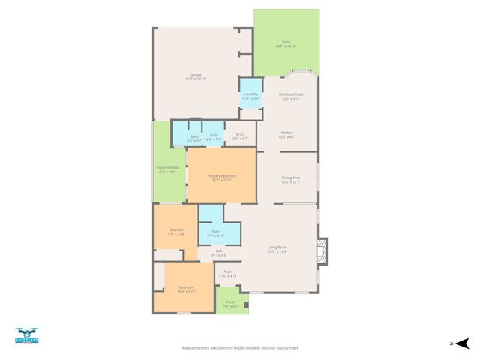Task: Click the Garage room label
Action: coord(195,76)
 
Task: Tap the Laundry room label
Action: coord(251,95)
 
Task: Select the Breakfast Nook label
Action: coord(290,96)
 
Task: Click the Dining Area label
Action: coord(290,179)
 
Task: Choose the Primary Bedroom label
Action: coord(221,177)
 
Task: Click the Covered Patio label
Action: coord(167,169)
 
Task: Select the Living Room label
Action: coord(277,248)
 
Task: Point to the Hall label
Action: coord(218,252)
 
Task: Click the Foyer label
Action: coord(228,273)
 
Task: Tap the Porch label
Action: coord(230,304)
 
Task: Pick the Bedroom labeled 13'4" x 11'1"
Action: coord(187,289)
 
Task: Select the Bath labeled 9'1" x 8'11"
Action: coord(216,233)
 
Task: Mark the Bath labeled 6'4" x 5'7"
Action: coord(193,138)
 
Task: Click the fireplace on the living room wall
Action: coord(322,252)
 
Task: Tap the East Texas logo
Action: coord(27,336)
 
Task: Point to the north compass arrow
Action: coord(463,343)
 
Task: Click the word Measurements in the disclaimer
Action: coord(197,348)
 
